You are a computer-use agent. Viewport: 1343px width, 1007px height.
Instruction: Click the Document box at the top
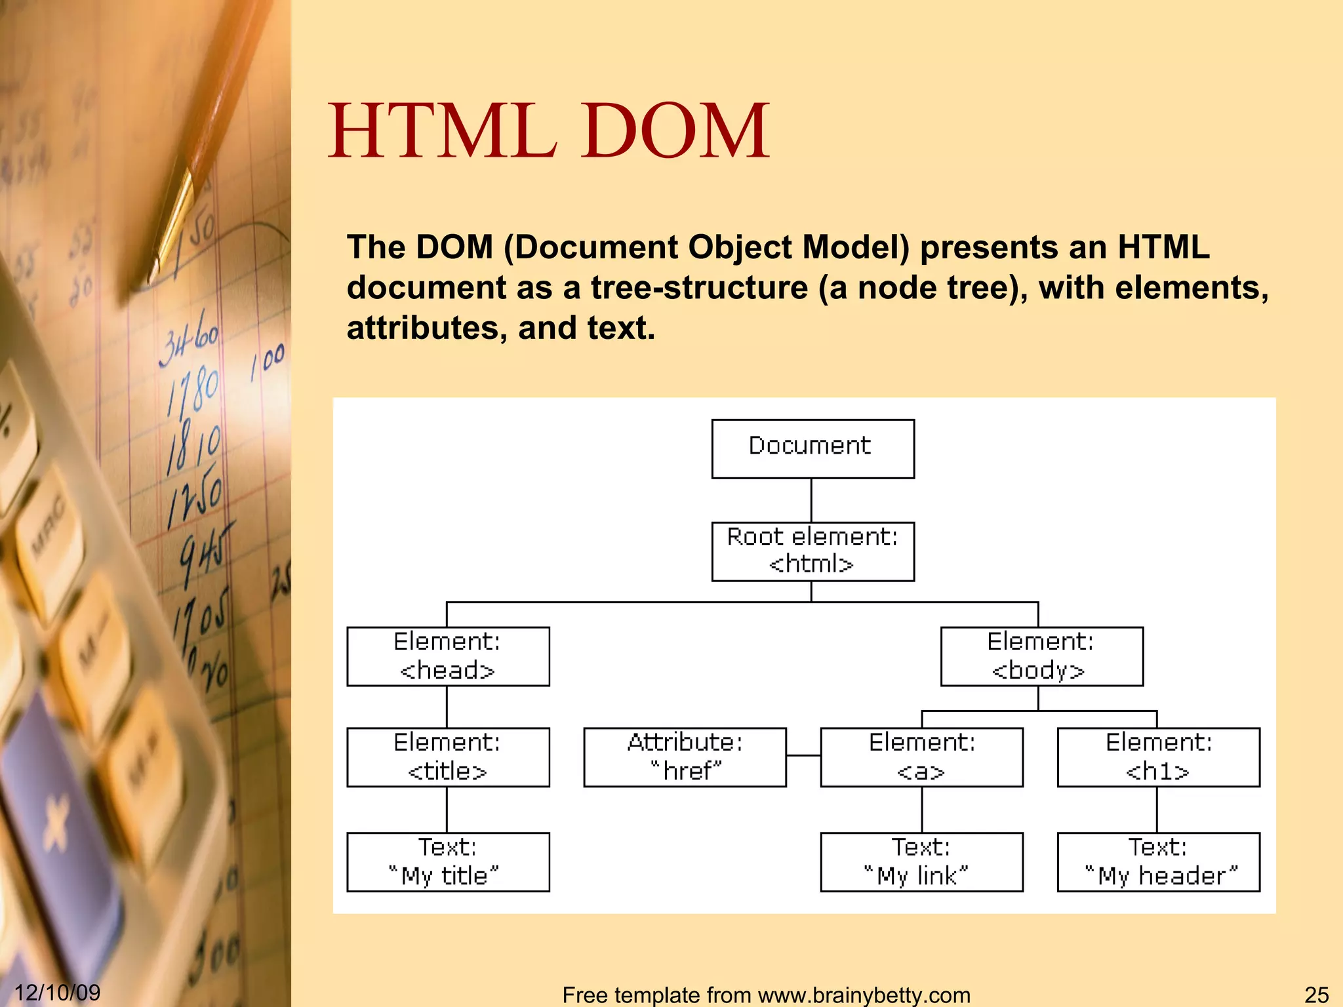812,448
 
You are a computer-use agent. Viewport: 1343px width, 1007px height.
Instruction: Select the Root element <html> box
812,551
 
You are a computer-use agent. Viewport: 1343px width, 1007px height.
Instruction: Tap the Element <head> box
448,656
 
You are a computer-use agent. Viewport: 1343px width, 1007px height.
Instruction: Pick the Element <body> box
1041,656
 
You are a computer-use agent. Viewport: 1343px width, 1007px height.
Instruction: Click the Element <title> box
448,757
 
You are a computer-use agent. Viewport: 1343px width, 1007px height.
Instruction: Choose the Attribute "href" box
685,757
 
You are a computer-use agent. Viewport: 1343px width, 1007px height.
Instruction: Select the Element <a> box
921,757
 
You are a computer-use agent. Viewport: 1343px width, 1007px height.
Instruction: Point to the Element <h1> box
1158,757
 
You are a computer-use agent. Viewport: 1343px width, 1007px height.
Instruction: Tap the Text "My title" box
448,862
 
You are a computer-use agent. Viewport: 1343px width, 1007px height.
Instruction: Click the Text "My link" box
921,862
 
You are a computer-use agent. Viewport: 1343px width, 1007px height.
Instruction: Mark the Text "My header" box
1158,862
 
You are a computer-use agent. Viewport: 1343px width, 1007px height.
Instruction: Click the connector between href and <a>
803,756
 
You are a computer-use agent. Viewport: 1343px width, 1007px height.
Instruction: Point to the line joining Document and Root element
811,500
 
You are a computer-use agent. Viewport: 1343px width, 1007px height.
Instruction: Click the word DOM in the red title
675,131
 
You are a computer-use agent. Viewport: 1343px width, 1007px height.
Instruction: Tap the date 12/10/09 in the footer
58,993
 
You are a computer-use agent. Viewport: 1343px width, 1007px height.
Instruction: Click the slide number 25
1316,995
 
